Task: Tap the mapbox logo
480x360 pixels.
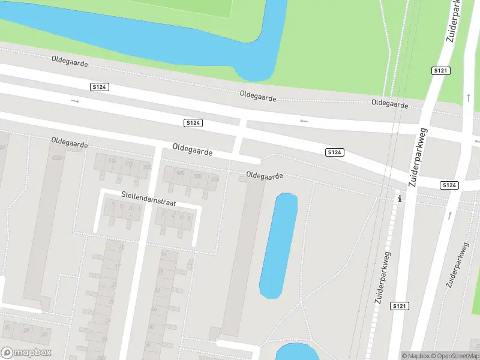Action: pyautogui.click(x=26, y=353)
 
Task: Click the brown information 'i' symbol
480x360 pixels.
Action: pyautogui.click(x=400, y=199)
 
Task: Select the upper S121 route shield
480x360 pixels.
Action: pyautogui.click(x=440, y=71)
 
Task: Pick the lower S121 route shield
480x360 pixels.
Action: pyautogui.click(x=399, y=306)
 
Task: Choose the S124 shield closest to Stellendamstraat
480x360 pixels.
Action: pyautogui.click(x=193, y=122)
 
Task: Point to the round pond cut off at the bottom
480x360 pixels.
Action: pyautogui.click(x=297, y=352)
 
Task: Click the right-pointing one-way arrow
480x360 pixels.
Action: pyautogui.click(x=75, y=101)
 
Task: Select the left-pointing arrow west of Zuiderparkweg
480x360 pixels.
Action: pyautogui.click(x=304, y=121)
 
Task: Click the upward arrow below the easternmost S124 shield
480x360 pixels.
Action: pyautogui.click(x=450, y=214)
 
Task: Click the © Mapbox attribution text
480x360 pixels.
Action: pyautogui.click(x=416, y=356)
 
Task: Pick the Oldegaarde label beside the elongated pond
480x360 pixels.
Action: pyautogui.click(x=264, y=176)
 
